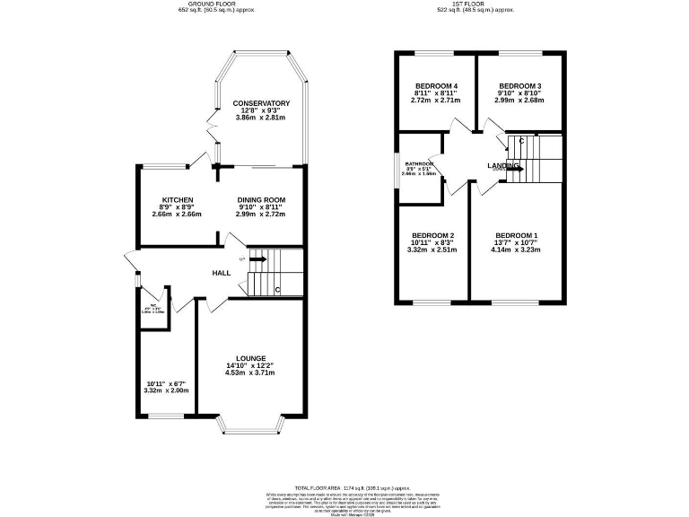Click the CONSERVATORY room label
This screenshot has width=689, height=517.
pos(261,103)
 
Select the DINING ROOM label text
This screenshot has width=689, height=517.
pos(261,199)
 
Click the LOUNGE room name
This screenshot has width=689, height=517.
pos(251,358)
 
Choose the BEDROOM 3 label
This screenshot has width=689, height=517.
pos(519,85)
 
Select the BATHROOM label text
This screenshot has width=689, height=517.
pos(419,163)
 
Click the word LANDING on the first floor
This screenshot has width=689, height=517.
pos(502,166)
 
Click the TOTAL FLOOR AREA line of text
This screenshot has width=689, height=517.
pos(344,486)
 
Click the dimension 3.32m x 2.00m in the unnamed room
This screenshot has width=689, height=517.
pos(166,390)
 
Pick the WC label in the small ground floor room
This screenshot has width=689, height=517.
pos(153,307)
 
